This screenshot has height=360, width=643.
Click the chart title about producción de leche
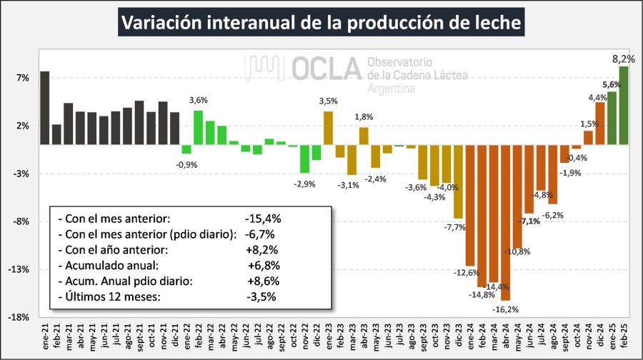pos(321,23)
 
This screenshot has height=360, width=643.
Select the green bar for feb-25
pos(624,104)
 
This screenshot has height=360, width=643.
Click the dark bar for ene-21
pos(44,107)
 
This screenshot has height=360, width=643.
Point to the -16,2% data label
pos(506,309)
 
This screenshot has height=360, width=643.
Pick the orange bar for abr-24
pos(505,221)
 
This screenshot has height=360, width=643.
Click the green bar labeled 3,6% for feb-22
pos(198,126)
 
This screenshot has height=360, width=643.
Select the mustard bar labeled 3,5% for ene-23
pos(328,127)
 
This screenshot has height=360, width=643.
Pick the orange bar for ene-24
pos(470,204)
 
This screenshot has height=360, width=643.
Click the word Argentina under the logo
pos(391,89)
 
